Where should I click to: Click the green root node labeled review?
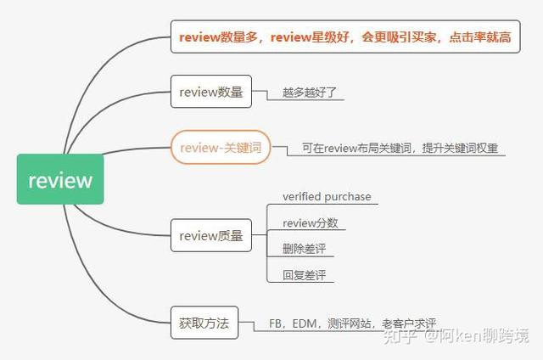pos(60,179)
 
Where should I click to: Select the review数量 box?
pos(211,92)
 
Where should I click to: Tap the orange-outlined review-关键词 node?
pos(221,147)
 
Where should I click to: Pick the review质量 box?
pos(211,235)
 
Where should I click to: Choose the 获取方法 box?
pos(204,323)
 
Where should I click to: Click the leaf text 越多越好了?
pos(309,93)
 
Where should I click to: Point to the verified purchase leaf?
pos(327,196)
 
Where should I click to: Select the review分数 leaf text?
pos(311,222)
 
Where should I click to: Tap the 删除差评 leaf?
pos(304,249)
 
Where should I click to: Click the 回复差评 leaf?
pos(304,275)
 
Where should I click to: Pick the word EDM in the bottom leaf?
pos(305,323)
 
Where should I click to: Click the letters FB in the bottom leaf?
pos(275,323)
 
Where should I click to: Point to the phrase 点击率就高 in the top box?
pos(480,37)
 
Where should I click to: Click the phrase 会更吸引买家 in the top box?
pos(399,37)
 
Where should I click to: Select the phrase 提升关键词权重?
pos(460,148)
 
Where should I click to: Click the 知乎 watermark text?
pos(400,335)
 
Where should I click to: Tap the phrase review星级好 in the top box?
pos(310,37)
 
